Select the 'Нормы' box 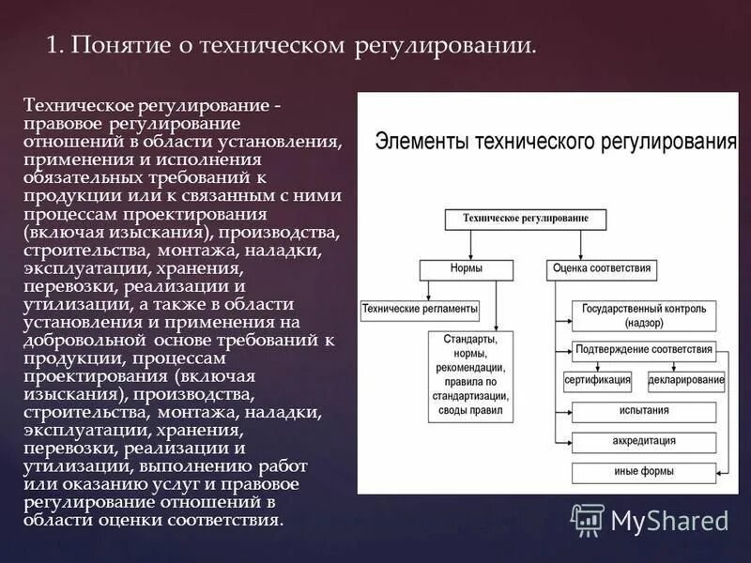click(x=467, y=268)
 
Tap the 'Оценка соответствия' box click(x=601, y=268)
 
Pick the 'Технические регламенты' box click(x=420, y=308)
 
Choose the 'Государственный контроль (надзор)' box click(x=644, y=314)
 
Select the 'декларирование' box click(x=686, y=381)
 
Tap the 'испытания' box click(x=644, y=411)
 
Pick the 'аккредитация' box click(x=644, y=442)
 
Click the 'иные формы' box click(x=644, y=472)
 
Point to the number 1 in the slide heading click(x=54, y=46)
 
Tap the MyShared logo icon click(x=588, y=519)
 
